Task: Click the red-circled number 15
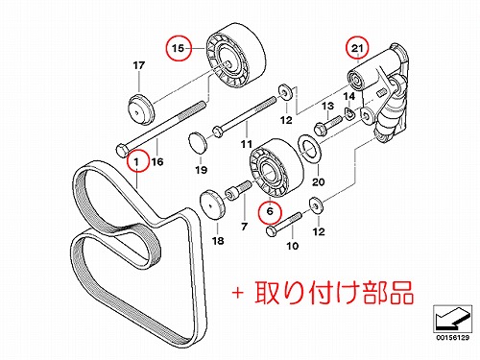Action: [179, 48]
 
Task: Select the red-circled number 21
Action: [357, 48]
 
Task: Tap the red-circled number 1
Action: [137, 161]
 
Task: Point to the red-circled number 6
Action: [270, 211]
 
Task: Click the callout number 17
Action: [139, 65]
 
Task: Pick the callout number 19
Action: [202, 170]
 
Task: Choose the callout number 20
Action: [319, 182]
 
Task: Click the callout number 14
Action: [349, 96]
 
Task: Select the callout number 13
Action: [328, 106]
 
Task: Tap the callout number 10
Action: [293, 246]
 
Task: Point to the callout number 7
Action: [245, 227]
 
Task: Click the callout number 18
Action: [218, 241]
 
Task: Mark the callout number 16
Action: [157, 161]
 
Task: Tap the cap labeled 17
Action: [141, 110]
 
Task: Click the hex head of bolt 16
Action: [122, 150]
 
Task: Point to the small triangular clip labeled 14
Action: [349, 113]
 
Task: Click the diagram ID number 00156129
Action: [452, 338]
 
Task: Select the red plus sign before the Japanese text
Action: [238, 293]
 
